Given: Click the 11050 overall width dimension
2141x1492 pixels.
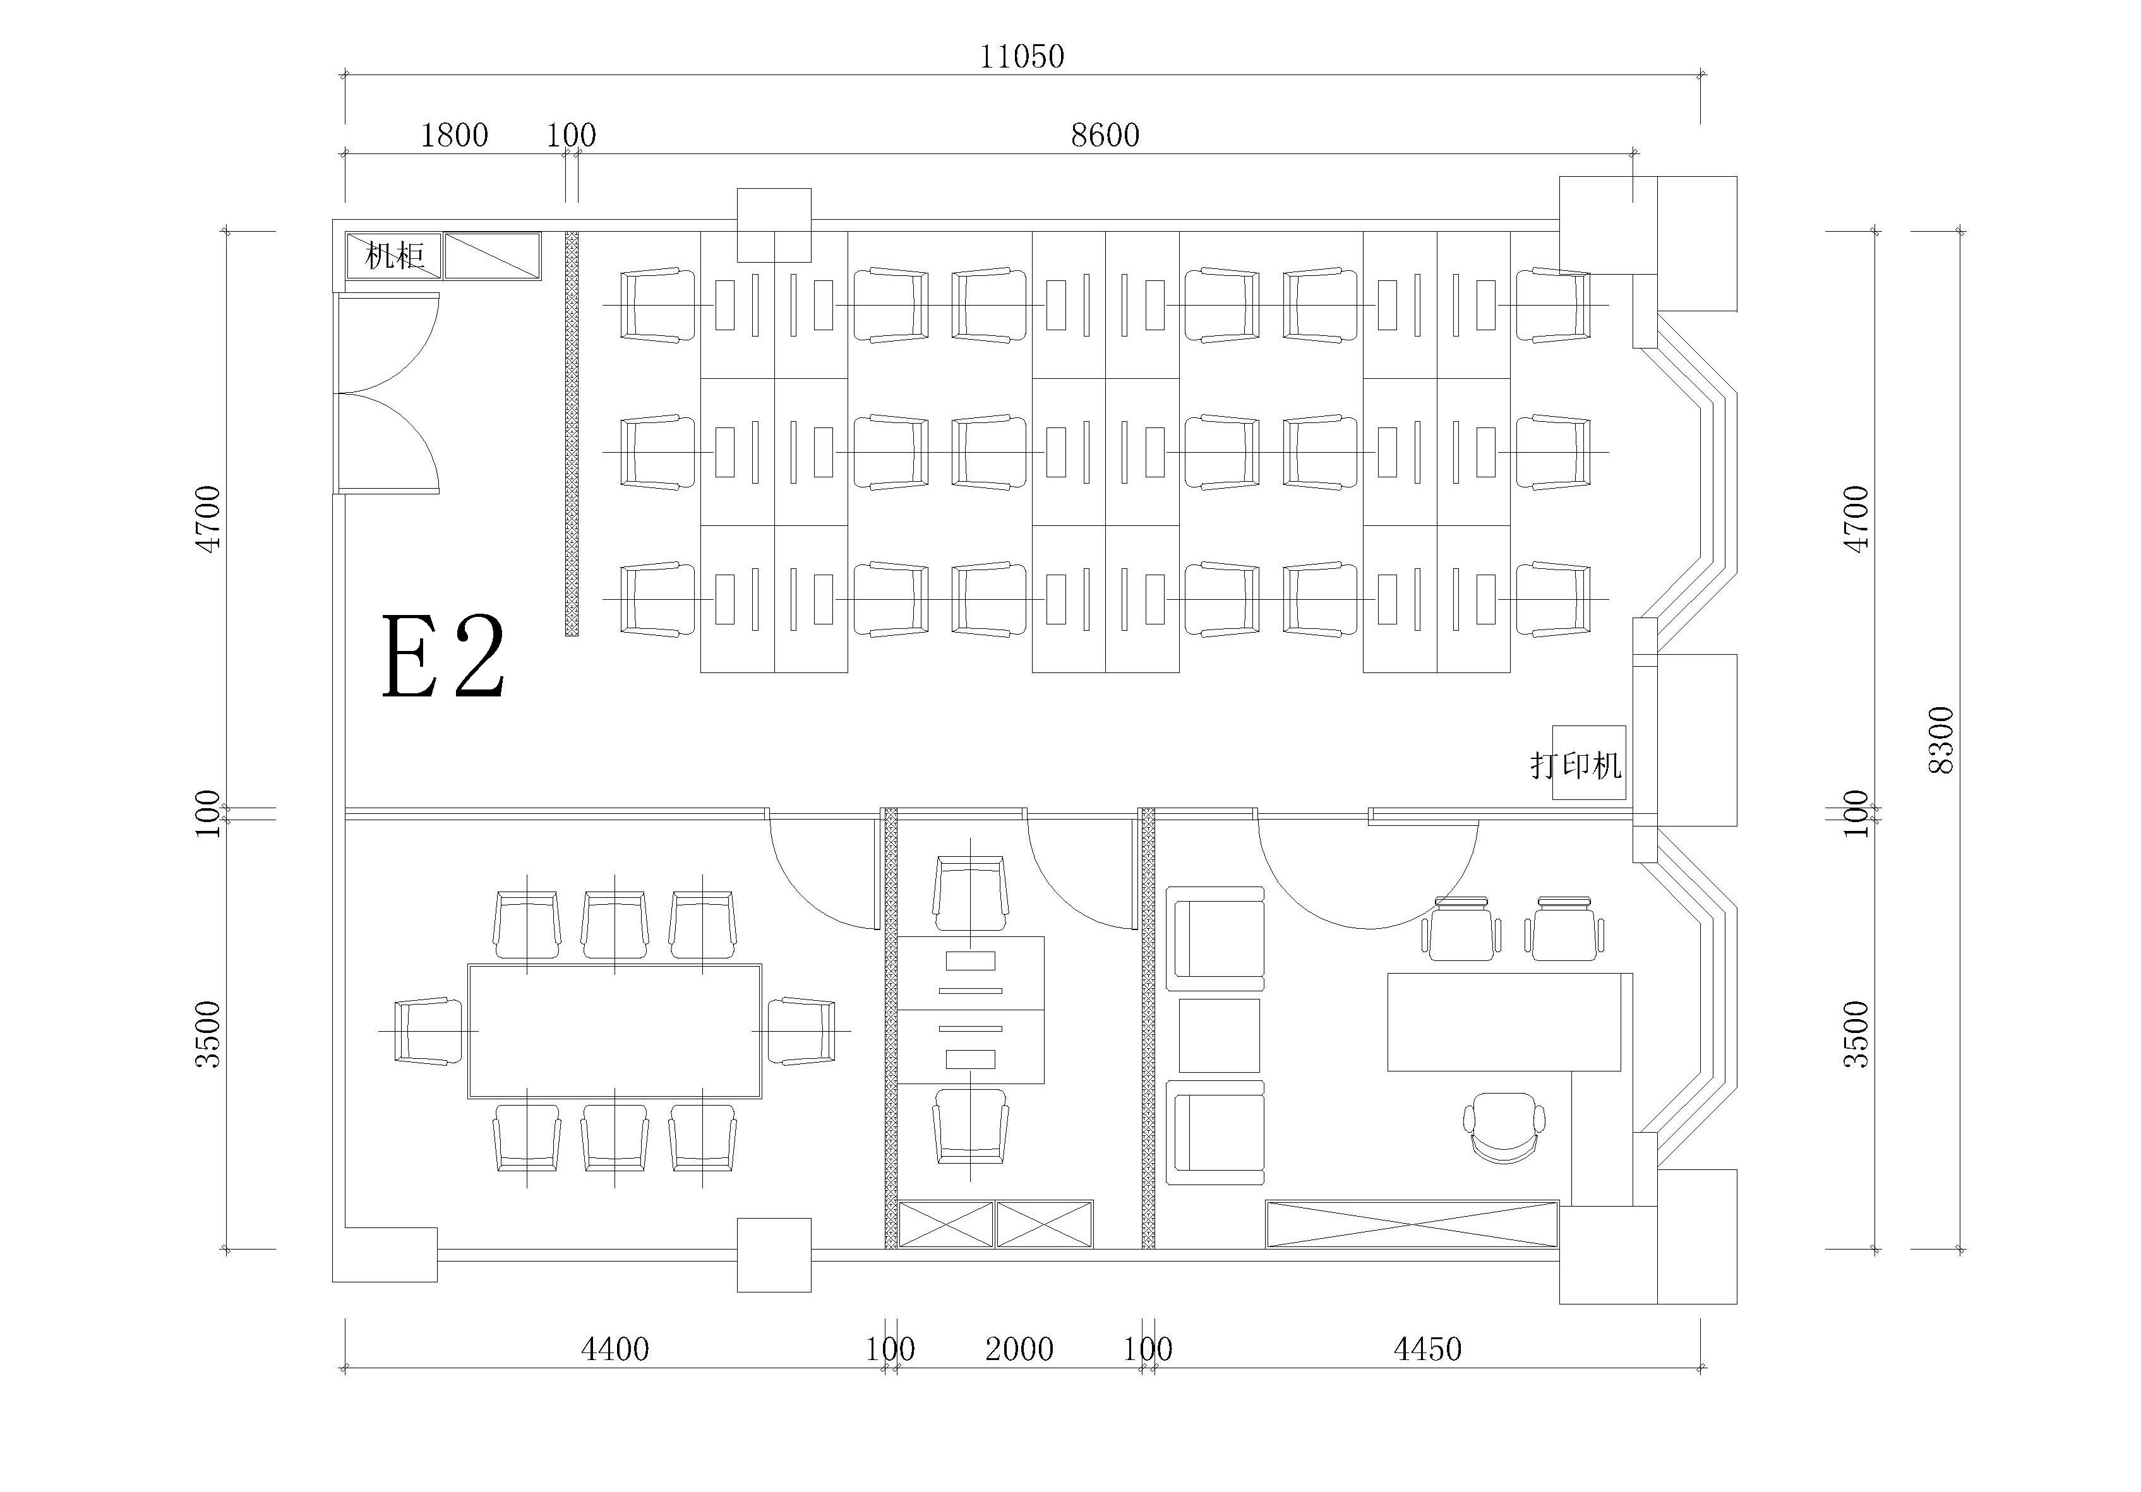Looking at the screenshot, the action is click(x=1021, y=57).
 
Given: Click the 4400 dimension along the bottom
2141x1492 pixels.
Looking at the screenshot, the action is click(x=615, y=1349).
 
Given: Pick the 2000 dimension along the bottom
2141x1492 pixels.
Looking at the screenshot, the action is click(x=1019, y=1349).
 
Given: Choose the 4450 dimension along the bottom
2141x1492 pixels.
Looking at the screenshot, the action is click(x=1427, y=1349).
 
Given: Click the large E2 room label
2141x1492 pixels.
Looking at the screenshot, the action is click(x=444, y=657).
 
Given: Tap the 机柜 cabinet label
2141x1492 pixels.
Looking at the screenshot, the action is click(x=395, y=256).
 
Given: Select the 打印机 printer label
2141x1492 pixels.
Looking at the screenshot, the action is click(x=1576, y=766).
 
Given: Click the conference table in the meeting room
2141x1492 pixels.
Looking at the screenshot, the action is click(x=615, y=1030).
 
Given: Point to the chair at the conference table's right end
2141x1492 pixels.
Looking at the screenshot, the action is click(x=802, y=1030).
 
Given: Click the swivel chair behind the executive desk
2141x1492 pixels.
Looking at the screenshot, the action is click(x=1504, y=1128).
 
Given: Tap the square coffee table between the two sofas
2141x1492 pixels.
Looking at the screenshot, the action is click(x=1219, y=1035).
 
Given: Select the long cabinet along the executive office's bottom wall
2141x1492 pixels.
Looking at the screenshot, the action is click(x=1412, y=1224).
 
